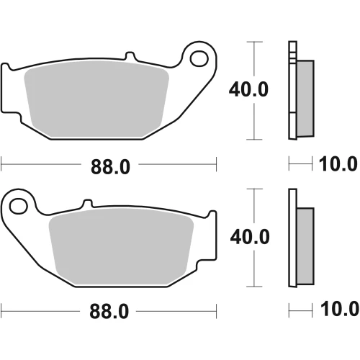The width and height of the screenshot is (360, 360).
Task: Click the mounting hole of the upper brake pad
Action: (x=199, y=58)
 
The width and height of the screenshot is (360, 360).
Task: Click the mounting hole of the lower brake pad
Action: (x=19, y=206)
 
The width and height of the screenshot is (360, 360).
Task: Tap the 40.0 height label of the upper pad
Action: (x=248, y=89)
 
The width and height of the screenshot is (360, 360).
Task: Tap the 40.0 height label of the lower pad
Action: (x=250, y=237)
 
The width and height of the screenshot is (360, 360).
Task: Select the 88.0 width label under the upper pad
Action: (x=110, y=167)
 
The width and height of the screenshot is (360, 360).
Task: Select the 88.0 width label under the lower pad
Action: (x=109, y=311)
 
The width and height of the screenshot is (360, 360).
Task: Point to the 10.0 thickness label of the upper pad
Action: (x=338, y=164)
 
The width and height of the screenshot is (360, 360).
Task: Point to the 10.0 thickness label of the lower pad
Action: (x=340, y=309)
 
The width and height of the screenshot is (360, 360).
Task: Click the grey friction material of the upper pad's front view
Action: (x=96, y=99)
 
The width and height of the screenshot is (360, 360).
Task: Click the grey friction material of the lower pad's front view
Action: (x=121, y=246)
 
